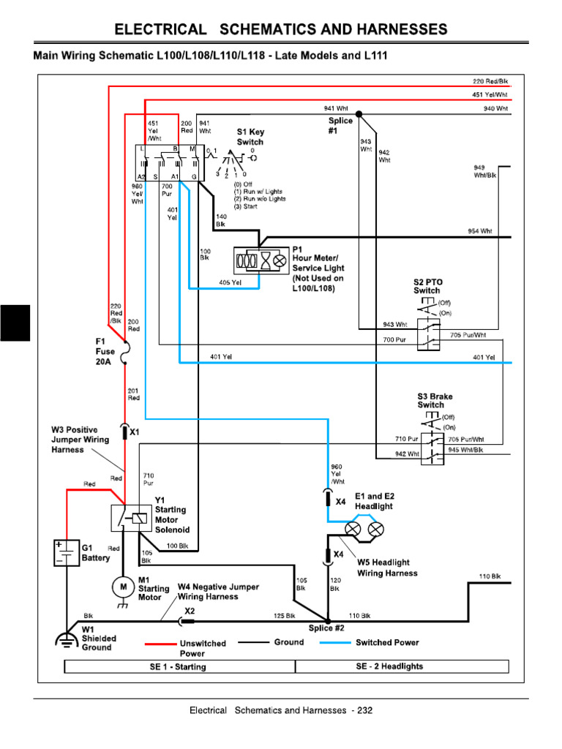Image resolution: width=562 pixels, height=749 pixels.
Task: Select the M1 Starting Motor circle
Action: tap(123, 586)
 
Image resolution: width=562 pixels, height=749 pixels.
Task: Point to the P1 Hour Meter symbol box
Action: tap(261, 260)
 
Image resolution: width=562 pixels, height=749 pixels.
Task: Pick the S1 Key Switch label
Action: tap(250, 137)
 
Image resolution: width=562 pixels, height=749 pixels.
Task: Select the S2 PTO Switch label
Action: tap(428, 286)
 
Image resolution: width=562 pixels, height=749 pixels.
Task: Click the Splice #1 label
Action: tap(340, 126)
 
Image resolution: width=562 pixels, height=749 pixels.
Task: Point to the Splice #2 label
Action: tap(326, 628)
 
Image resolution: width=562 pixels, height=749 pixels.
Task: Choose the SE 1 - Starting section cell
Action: tap(179, 666)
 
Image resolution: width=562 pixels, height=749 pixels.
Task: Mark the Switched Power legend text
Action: tap(387, 642)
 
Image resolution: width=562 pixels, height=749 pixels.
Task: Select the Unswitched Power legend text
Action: tap(203, 648)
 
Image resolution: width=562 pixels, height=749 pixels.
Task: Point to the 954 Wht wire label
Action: tap(480, 231)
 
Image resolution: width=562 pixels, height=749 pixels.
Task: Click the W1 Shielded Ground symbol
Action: tap(67, 639)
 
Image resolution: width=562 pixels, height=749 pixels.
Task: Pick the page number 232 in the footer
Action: tap(364, 710)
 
